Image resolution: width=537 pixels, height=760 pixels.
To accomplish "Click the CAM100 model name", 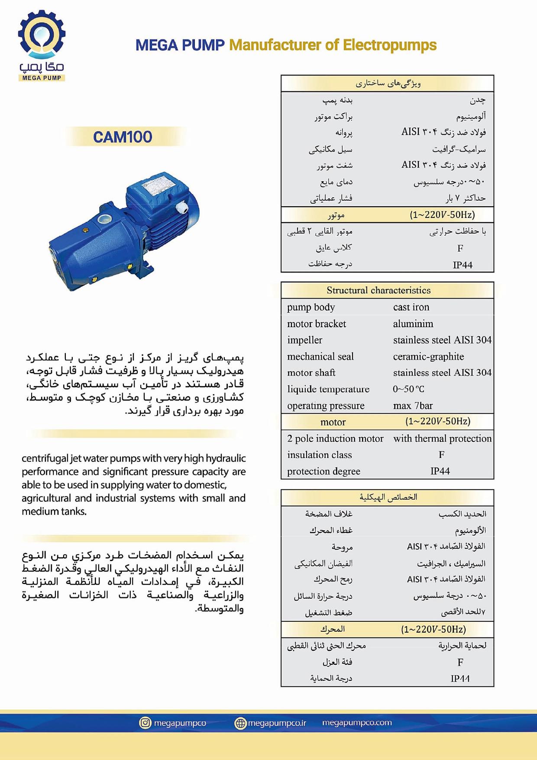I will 123,137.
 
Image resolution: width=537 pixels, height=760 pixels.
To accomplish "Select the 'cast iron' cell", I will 411,307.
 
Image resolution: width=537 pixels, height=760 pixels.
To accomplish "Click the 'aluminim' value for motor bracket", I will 413,324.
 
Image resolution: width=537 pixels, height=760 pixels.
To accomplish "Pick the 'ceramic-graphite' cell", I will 428,357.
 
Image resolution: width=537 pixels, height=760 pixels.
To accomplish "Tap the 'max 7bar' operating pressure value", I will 413,406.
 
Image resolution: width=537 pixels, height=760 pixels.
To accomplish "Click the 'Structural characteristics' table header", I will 378,290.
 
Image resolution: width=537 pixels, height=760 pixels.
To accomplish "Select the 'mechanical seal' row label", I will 320,357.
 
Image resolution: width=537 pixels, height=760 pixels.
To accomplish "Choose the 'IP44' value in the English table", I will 440,471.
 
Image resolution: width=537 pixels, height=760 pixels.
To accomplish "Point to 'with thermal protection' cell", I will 442,438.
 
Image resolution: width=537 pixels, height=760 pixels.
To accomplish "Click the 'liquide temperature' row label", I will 328,389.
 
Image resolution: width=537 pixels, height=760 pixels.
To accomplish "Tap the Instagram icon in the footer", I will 145,723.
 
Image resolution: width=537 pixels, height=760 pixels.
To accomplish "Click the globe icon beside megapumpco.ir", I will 240,723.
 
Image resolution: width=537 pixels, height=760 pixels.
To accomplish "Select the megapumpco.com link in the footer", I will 357,723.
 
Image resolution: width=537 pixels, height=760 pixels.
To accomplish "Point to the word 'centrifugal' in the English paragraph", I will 44,458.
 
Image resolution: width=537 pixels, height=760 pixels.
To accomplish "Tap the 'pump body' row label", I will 311,307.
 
